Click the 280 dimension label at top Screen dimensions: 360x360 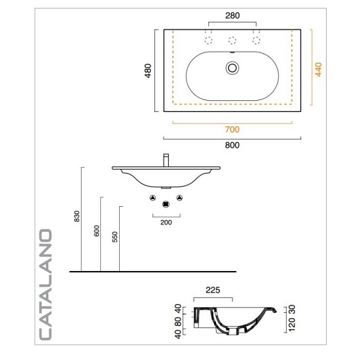click(232, 16)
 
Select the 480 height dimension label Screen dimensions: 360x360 click(148, 71)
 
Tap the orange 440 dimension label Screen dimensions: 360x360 click(319, 69)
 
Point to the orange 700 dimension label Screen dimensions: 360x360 click(232, 130)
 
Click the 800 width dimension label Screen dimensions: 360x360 click(232, 145)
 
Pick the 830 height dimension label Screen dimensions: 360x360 click(77, 216)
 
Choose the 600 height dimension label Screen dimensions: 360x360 click(97, 230)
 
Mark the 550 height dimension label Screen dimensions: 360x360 click(115, 237)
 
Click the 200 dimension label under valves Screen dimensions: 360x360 click(166, 223)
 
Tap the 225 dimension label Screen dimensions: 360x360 click(213, 290)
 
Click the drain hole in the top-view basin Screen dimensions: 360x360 click(232, 68)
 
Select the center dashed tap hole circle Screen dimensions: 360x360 click(232, 41)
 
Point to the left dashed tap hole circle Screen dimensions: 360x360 click(208, 41)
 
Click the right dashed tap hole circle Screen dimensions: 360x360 click(256, 41)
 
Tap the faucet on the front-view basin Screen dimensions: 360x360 click(166, 160)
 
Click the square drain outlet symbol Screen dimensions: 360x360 click(166, 204)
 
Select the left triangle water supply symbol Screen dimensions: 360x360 click(153, 198)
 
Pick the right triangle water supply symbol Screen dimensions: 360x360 click(179, 198)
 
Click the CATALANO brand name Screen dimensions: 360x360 click(45, 285)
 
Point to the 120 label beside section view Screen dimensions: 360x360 click(291, 325)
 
